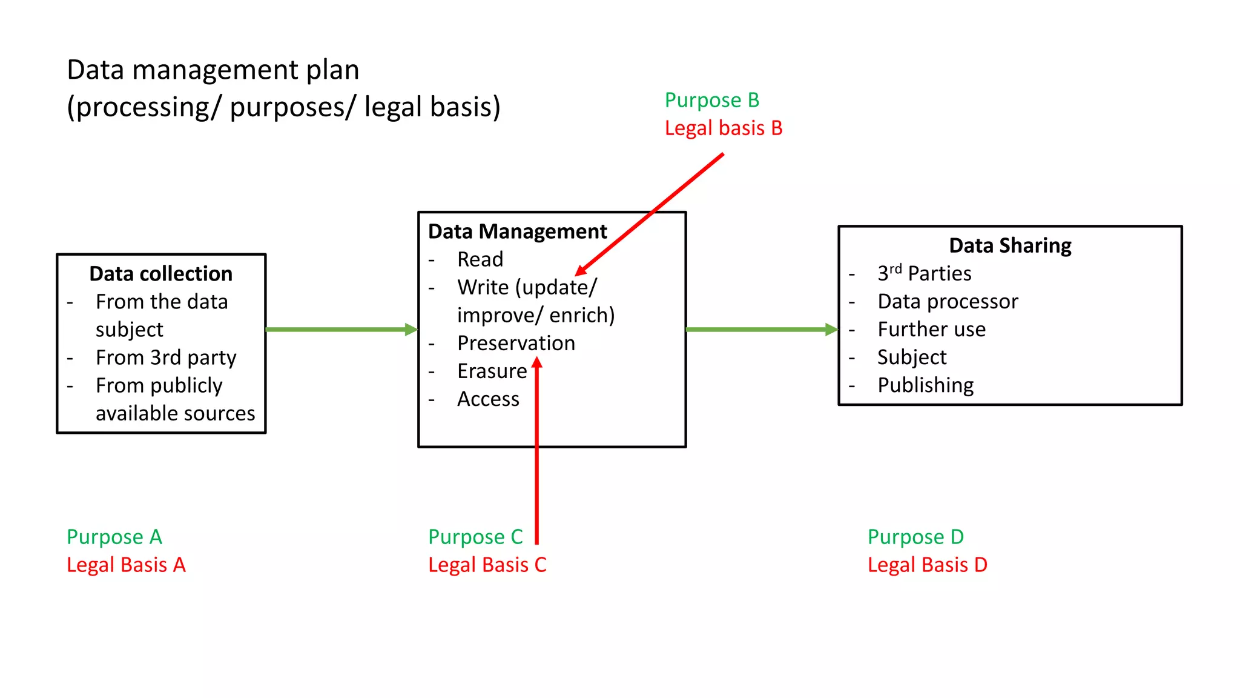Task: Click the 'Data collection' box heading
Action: point(160,274)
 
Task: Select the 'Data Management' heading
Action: point(517,231)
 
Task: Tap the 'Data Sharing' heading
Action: point(1010,245)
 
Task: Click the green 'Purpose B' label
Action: point(711,100)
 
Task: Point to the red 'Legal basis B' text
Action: point(723,128)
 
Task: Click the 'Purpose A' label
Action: point(114,537)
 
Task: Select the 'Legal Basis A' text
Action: point(126,565)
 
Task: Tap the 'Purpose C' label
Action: point(475,537)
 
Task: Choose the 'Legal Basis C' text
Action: point(487,565)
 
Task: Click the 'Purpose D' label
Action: point(915,537)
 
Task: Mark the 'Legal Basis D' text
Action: point(927,565)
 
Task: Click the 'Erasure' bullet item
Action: point(492,371)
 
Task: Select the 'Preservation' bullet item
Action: point(516,343)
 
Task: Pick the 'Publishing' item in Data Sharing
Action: point(925,385)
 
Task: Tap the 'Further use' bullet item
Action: point(931,329)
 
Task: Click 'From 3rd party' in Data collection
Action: point(166,357)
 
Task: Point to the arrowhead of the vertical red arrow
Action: point(536,363)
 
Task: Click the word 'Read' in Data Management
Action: point(480,259)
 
